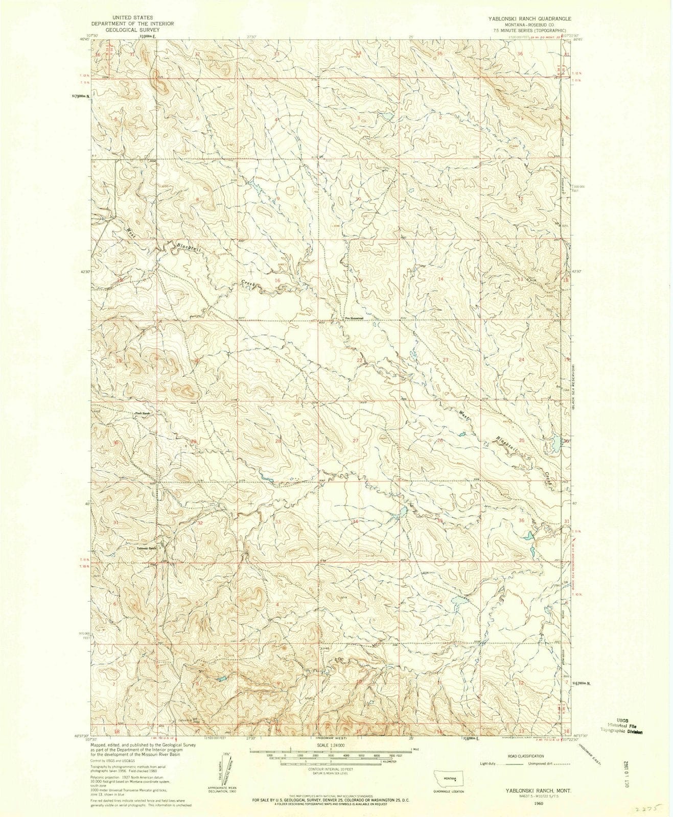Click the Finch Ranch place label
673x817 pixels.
[x=141, y=413]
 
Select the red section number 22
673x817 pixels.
[x=360, y=361]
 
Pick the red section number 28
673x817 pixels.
[x=279, y=441]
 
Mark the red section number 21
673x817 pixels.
[x=278, y=361]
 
